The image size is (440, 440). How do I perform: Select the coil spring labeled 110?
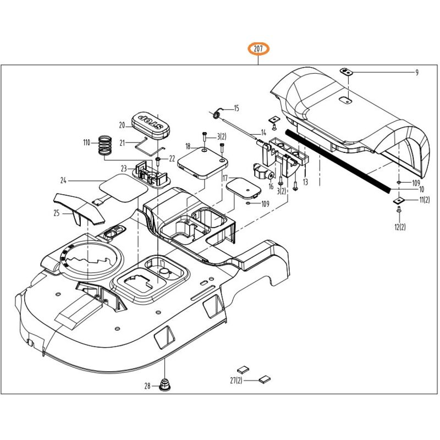pyautogui.click(x=105, y=145)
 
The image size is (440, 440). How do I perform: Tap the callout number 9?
pyautogui.click(x=417, y=73)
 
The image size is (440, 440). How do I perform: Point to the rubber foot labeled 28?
pyautogui.click(x=164, y=384)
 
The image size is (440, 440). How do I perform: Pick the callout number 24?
pyautogui.click(x=64, y=180)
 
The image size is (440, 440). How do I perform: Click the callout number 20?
pyautogui.click(x=122, y=125)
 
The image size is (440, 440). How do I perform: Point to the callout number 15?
pyautogui.click(x=237, y=108)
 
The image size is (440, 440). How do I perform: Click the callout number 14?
pyautogui.click(x=263, y=132)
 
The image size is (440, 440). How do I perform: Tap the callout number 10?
pyautogui.click(x=421, y=190)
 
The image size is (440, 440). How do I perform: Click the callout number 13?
pyautogui.click(x=305, y=182)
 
